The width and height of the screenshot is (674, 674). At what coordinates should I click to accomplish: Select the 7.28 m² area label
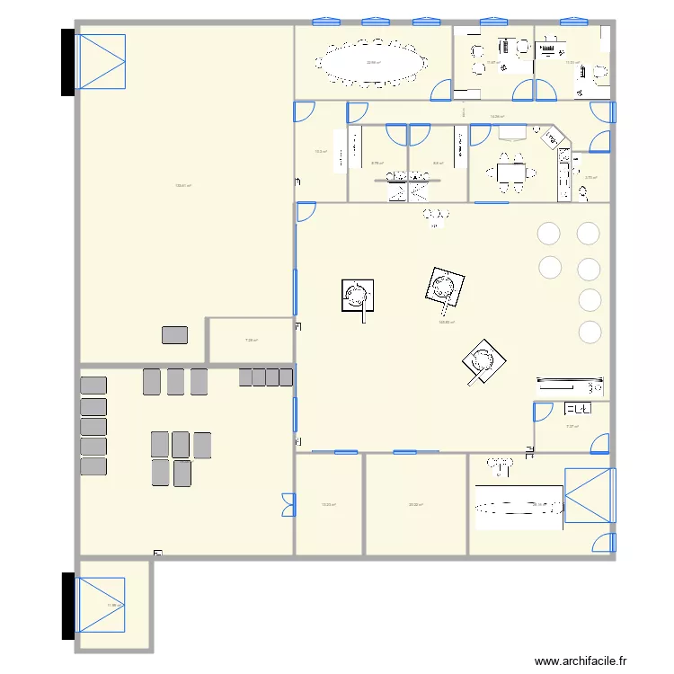[x=252, y=340]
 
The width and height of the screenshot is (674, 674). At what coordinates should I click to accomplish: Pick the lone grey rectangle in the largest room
[x=175, y=335]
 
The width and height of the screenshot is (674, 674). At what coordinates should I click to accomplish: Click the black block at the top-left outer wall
[x=67, y=61]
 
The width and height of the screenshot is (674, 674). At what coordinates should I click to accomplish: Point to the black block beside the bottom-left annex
[x=67, y=606]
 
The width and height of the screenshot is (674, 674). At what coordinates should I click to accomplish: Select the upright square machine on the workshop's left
[x=358, y=295]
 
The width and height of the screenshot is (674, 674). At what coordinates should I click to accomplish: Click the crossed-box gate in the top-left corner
[x=101, y=61]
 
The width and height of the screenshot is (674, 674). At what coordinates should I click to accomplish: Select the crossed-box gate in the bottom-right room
[x=589, y=495]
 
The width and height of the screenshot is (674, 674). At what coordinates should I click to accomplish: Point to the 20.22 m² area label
[x=415, y=505]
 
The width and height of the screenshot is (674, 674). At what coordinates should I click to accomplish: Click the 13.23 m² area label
[x=329, y=505]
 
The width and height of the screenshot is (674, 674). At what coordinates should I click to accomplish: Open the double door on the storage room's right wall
[x=288, y=505]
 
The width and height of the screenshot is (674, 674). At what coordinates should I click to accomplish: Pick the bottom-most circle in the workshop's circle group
[x=590, y=332]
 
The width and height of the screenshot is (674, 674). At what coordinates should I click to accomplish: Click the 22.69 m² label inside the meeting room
[x=373, y=62]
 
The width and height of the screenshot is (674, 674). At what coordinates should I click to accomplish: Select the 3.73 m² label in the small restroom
[x=590, y=177]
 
